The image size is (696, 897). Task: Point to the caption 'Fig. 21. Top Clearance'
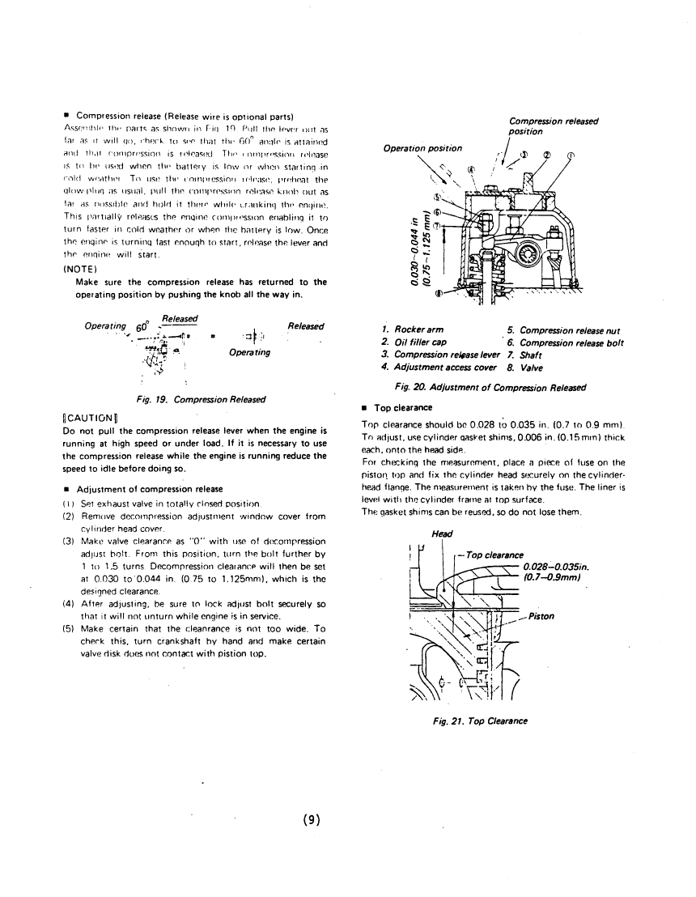click(x=503, y=721)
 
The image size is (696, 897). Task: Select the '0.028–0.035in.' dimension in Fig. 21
click(x=562, y=566)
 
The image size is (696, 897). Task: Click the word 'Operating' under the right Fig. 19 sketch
click(x=249, y=353)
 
